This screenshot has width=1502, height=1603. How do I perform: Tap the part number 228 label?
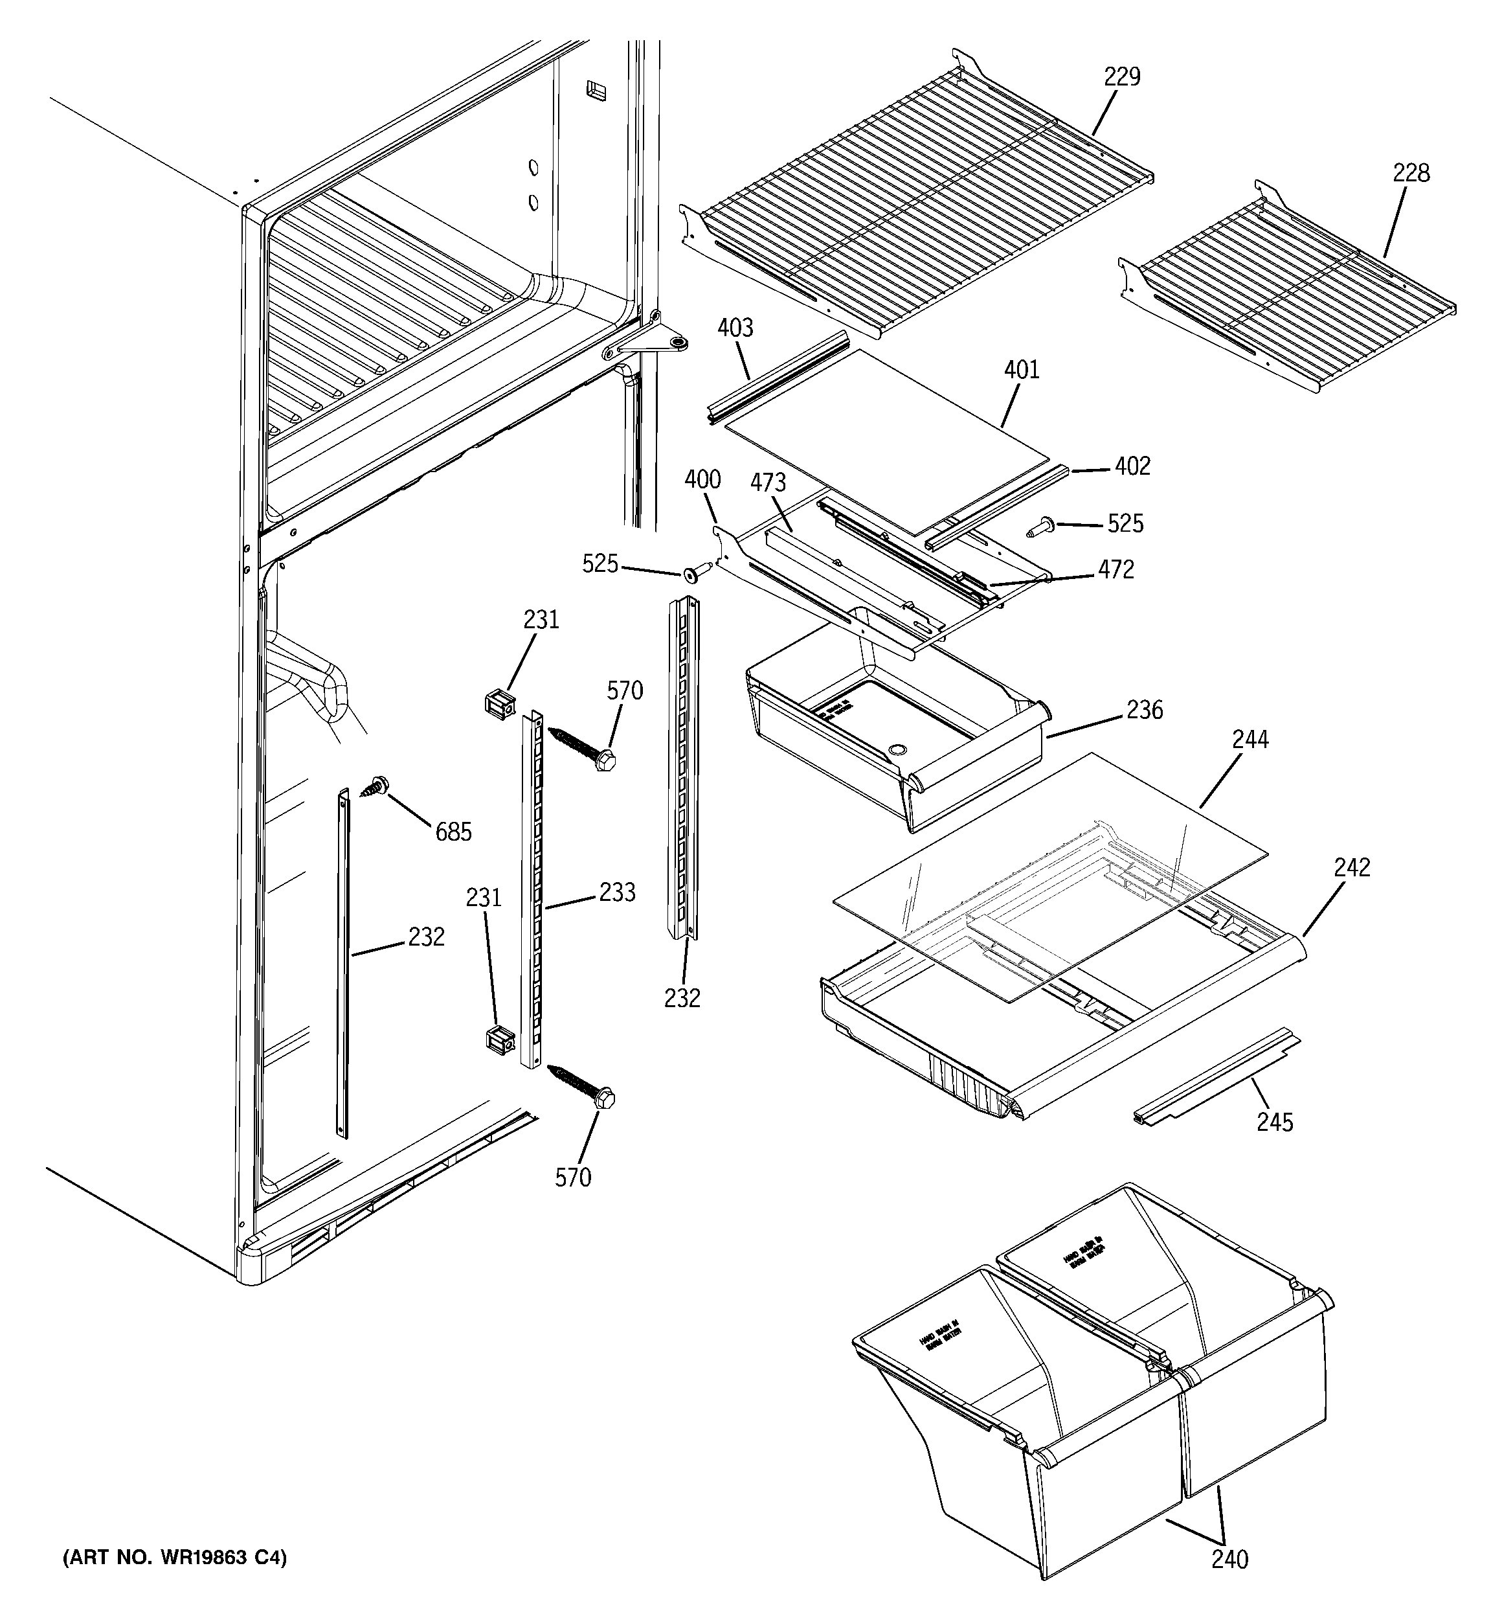1411,174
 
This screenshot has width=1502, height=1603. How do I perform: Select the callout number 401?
1022,370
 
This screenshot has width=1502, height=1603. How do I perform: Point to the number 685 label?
453,832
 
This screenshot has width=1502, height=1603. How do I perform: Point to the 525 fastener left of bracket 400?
693,573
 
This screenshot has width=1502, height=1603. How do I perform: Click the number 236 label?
1145,711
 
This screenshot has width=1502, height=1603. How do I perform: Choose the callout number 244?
1250,740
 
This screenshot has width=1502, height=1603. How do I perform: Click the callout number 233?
617,892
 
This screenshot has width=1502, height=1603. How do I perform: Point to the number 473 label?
768,483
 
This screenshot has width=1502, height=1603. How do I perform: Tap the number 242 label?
1352,868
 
